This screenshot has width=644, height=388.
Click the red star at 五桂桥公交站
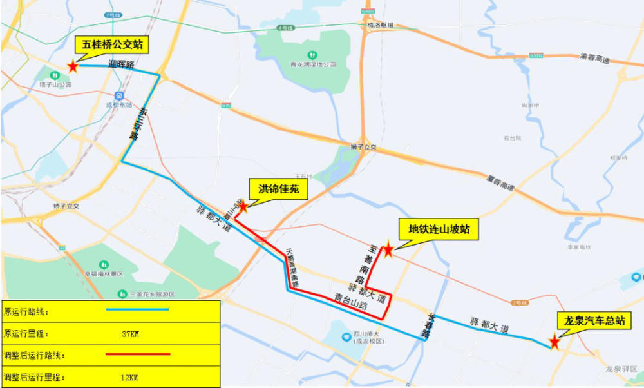(73, 66)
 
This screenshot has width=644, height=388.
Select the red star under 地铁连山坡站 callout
(388, 251)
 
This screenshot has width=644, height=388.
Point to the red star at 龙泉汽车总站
(554, 343)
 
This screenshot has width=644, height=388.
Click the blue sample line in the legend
(137, 311)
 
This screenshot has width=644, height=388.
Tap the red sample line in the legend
(137, 354)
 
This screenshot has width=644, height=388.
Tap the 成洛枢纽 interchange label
(379, 25)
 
